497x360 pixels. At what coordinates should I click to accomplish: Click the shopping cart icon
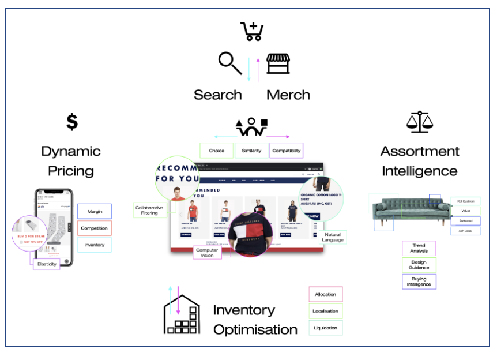coord(252,31)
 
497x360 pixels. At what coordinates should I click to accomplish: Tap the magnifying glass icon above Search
coord(230,63)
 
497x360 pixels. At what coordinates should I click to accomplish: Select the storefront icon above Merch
coord(278,65)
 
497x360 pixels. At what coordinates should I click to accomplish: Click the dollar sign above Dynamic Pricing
coord(71,122)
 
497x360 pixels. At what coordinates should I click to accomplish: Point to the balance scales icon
coord(419,122)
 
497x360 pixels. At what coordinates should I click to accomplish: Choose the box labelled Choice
coord(217,151)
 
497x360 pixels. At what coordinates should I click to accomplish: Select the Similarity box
coord(251,151)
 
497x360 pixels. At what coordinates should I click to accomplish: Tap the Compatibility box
coord(287,151)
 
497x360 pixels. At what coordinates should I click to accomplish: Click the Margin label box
coord(95,211)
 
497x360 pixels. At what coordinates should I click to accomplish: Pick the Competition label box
coord(95,228)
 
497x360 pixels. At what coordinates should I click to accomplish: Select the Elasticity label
coord(47,264)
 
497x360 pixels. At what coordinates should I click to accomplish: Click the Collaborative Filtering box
coord(149,210)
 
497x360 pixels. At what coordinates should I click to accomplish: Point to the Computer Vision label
coord(207,252)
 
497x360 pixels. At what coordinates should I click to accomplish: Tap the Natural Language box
coord(332,237)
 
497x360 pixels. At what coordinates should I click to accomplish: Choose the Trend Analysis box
coord(419,248)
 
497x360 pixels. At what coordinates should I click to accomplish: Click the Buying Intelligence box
coord(419,282)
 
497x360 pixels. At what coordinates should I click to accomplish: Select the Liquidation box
coord(325,328)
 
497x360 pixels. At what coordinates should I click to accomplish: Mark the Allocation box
coord(325,294)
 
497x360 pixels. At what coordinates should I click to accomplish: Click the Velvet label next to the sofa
coord(465,211)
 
